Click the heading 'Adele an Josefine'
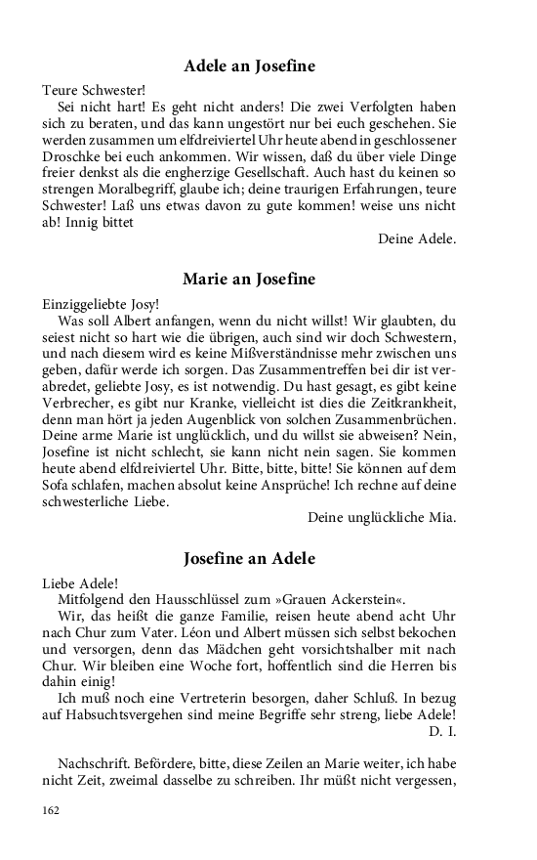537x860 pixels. (x=249, y=66)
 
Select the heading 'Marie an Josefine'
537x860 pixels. (x=249, y=279)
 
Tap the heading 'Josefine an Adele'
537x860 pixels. (x=249, y=559)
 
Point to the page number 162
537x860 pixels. (x=51, y=810)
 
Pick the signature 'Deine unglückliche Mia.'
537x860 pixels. (x=381, y=516)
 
